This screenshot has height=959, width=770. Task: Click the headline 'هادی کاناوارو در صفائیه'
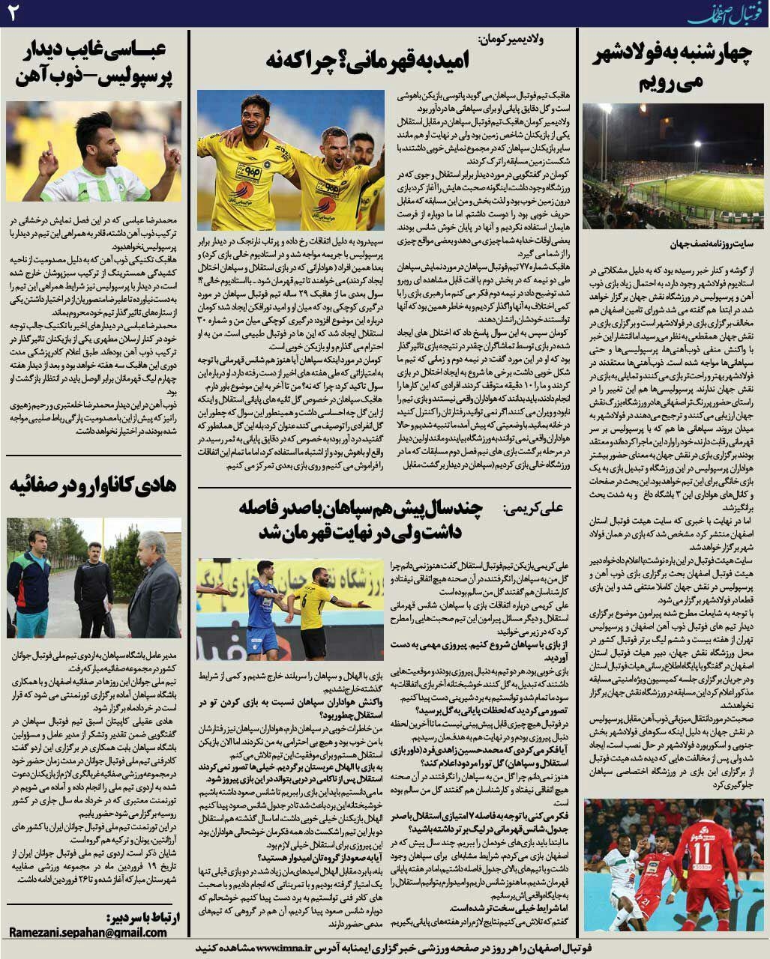click(93, 485)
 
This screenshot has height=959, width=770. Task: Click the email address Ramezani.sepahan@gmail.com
click(88, 933)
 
